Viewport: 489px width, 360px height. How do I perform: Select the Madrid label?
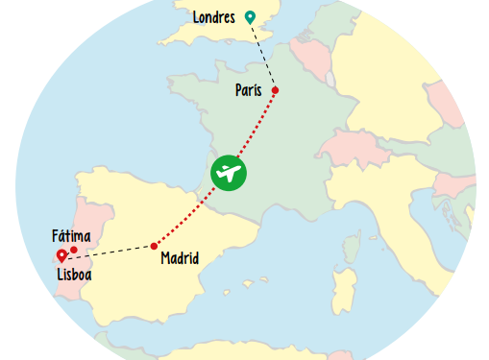(180, 258)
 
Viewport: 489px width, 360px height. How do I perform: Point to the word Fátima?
(71, 235)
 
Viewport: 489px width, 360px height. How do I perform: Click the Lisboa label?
(74, 275)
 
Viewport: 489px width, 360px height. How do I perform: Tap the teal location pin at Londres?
(250, 15)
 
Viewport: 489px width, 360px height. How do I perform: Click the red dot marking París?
(275, 90)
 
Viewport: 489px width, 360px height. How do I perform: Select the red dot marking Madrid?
(154, 246)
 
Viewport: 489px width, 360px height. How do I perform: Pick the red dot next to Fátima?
(74, 250)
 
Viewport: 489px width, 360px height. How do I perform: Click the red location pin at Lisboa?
(62, 254)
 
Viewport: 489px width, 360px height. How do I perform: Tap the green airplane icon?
(229, 173)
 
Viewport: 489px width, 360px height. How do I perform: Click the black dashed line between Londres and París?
(263, 54)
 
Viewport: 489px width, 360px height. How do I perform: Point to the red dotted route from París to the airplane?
(256, 130)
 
